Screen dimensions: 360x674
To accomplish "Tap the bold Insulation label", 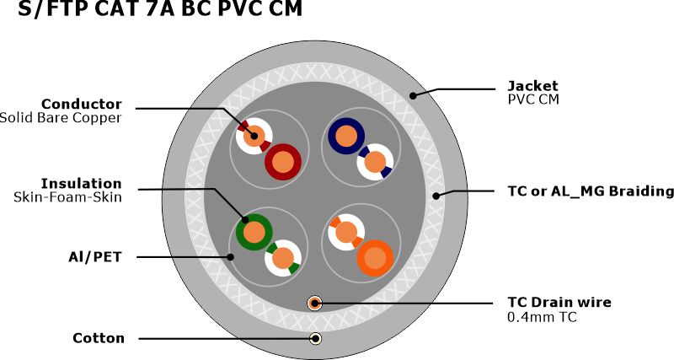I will (82, 183).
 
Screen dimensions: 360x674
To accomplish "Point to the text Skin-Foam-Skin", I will (67, 197).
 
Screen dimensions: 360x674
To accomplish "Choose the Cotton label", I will (99, 338).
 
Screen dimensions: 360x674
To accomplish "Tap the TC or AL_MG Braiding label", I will (591, 191).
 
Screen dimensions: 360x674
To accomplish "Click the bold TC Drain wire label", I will (559, 302).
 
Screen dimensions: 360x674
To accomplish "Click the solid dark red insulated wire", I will (284, 160).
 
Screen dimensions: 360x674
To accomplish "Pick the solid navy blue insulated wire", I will (345, 135).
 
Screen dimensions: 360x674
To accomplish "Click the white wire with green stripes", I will (283, 258).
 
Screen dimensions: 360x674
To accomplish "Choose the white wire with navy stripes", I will (375, 161).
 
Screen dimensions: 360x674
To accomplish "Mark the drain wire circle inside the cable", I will (315, 302).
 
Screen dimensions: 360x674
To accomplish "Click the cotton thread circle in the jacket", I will (315, 339).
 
